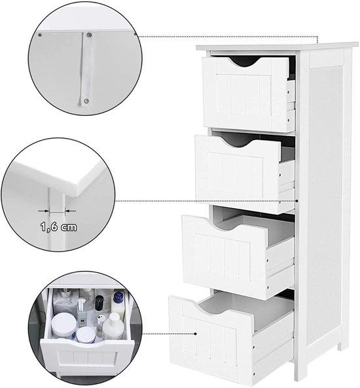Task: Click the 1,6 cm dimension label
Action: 59,226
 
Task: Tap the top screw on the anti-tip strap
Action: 89,35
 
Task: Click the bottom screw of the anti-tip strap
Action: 86,101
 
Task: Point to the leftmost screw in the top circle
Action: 40,35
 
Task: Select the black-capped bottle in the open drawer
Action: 99,302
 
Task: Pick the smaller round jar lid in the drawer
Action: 86,334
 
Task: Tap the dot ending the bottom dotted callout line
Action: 195,334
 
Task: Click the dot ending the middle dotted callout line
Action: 297,201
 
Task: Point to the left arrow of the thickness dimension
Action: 44,211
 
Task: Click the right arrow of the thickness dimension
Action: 70,211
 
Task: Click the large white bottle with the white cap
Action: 113,326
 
